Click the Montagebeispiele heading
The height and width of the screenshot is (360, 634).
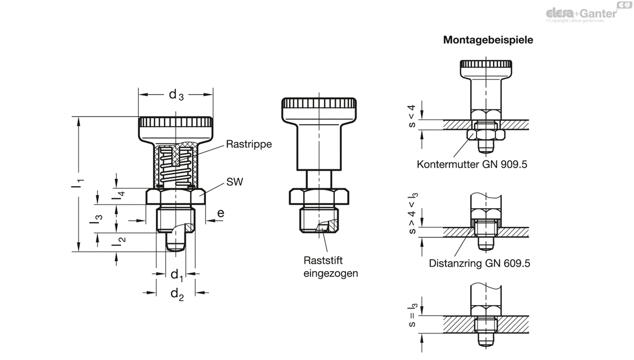[x=488, y=40]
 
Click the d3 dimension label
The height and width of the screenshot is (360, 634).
[x=176, y=95]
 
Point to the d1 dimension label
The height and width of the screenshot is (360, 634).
[x=177, y=275]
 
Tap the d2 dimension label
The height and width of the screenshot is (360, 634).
[x=177, y=294]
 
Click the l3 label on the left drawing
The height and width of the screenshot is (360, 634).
[x=96, y=219]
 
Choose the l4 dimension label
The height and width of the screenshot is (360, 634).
[x=118, y=195]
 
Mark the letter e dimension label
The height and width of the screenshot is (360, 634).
[x=221, y=213]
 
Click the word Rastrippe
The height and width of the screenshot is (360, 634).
[x=249, y=144]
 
